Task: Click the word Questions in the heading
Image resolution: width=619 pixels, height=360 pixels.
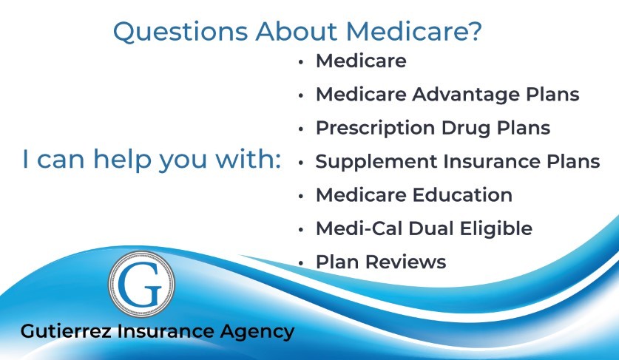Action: click(180, 31)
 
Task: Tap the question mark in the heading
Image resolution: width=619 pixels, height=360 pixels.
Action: click(476, 30)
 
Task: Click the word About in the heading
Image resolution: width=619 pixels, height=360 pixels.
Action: click(297, 31)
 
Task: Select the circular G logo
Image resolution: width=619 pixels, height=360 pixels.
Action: click(141, 284)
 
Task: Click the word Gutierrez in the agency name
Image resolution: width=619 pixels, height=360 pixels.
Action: click(66, 330)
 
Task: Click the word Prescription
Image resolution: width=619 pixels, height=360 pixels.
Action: click(376, 129)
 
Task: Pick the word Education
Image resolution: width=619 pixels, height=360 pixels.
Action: click(463, 195)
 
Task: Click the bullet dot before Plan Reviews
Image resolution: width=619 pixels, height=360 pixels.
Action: click(301, 263)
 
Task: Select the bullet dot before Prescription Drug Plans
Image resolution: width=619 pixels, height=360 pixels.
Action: click(301, 129)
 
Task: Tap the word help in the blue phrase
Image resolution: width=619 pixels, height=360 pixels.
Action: click(122, 160)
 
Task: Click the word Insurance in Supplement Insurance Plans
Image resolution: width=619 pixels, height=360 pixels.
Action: click(492, 161)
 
